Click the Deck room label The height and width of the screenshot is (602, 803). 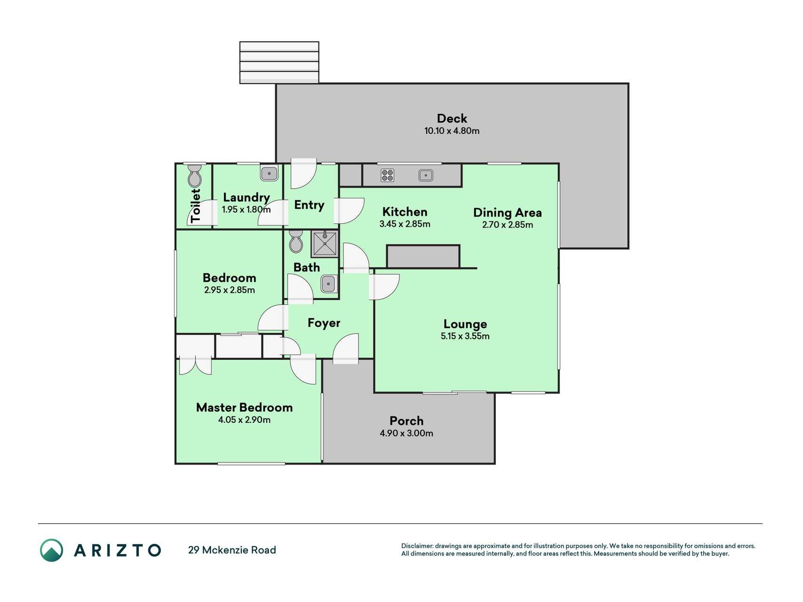[452, 119]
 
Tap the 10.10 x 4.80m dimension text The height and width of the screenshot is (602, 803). [452, 131]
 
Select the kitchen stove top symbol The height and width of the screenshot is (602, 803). [387, 175]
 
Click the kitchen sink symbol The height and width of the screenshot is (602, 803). [425, 175]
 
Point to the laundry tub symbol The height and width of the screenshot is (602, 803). [270, 173]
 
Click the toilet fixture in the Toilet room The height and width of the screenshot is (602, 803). [194, 175]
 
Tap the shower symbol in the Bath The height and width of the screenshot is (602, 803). [324, 244]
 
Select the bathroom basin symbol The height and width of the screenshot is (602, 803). [328, 284]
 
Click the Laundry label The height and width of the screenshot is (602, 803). [246, 198]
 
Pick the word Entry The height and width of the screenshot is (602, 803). [309, 205]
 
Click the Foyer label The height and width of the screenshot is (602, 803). [324, 323]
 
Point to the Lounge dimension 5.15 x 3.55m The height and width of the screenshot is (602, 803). [465, 336]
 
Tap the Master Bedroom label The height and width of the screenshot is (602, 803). [244, 407]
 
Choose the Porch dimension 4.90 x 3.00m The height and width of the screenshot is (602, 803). [406, 433]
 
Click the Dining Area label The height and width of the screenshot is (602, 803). [507, 213]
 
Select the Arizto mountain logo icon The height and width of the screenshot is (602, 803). [51, 550]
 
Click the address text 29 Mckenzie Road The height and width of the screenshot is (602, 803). [232, 550]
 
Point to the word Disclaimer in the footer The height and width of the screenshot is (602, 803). [417, 546]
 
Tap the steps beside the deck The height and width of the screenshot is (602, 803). [279, 63]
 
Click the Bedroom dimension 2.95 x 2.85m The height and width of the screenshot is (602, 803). [229, 290]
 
